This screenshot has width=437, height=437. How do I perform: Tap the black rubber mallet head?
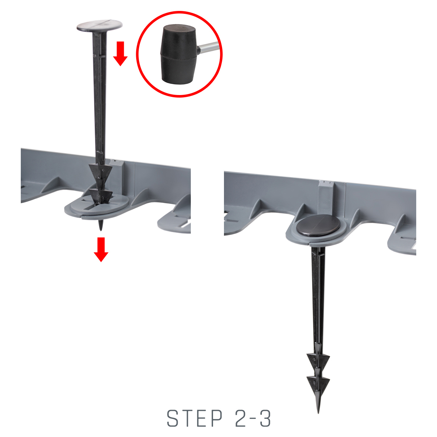point(178,54)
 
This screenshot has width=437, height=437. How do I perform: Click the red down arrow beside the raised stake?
point(121,54)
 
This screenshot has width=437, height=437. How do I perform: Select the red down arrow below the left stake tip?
point(101,249)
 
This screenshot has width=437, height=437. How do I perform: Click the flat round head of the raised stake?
point(99,25)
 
